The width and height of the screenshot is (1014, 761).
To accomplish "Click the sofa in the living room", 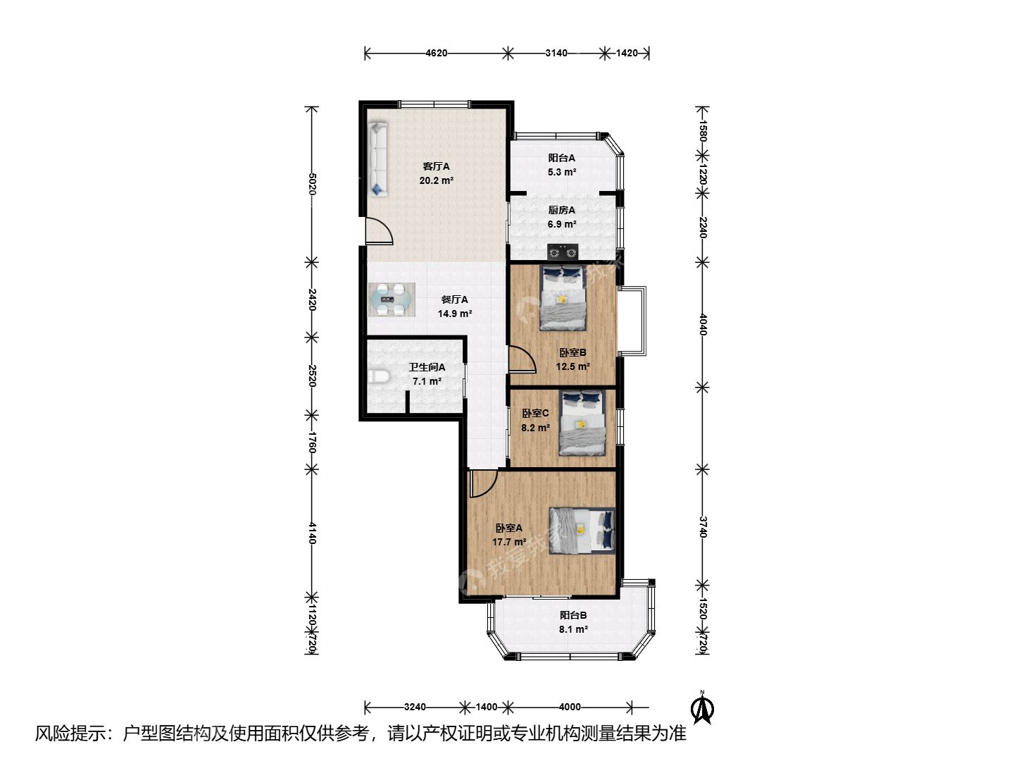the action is (x=378, y=159).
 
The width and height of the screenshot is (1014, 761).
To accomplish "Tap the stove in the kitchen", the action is (x=563, y=252).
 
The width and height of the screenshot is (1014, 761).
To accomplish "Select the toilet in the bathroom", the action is (x=380, y=376).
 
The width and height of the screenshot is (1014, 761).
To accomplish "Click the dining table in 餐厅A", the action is (x=392, y=300).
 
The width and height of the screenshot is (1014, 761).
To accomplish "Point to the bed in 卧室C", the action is (x=582, y=423).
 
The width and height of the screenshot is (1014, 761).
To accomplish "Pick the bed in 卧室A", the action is (x=582, y=531).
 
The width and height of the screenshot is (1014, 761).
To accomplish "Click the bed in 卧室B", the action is (x=563, y=297).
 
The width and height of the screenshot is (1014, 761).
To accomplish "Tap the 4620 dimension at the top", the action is (x=436, y=53).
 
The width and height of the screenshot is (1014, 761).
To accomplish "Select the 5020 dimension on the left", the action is (x=312, y=184).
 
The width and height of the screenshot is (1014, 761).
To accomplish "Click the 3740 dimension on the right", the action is (x=702, y=527).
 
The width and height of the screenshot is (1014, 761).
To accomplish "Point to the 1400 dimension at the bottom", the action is (x=487, y=707).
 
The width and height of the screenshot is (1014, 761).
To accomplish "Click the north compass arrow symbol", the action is (x=702, y=707).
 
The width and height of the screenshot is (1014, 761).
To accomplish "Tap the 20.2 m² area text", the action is (x=436, y=180).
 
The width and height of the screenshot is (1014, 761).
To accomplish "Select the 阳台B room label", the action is (x=573, y=615).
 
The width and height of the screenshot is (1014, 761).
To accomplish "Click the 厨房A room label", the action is (x=562, y=210).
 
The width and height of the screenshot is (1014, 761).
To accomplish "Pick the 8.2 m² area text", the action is (x=535, y=428).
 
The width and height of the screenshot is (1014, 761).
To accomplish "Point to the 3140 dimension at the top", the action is (x=556, y=53).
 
